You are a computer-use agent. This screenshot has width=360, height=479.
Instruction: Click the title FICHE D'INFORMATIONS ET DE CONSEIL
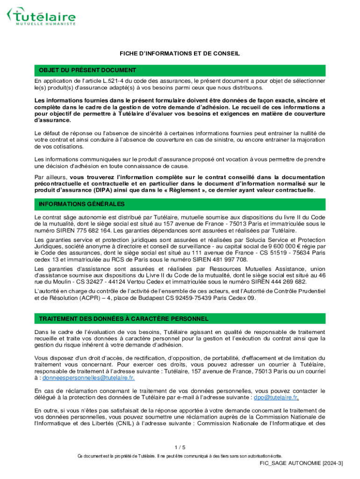pos(180,54)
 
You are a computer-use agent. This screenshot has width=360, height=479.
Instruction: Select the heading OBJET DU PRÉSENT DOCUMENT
pos(87,70)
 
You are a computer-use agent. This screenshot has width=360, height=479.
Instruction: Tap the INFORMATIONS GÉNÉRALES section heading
pos(82,204)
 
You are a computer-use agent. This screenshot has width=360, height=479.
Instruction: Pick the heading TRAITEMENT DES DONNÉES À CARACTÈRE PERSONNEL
pos(123,319)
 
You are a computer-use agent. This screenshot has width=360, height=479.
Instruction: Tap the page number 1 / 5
pos(180,447)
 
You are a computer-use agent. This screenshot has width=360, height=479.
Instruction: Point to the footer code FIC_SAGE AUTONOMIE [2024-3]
pos(302,463)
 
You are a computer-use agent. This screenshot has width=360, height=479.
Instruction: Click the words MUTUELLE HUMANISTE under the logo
pos(46,23)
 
